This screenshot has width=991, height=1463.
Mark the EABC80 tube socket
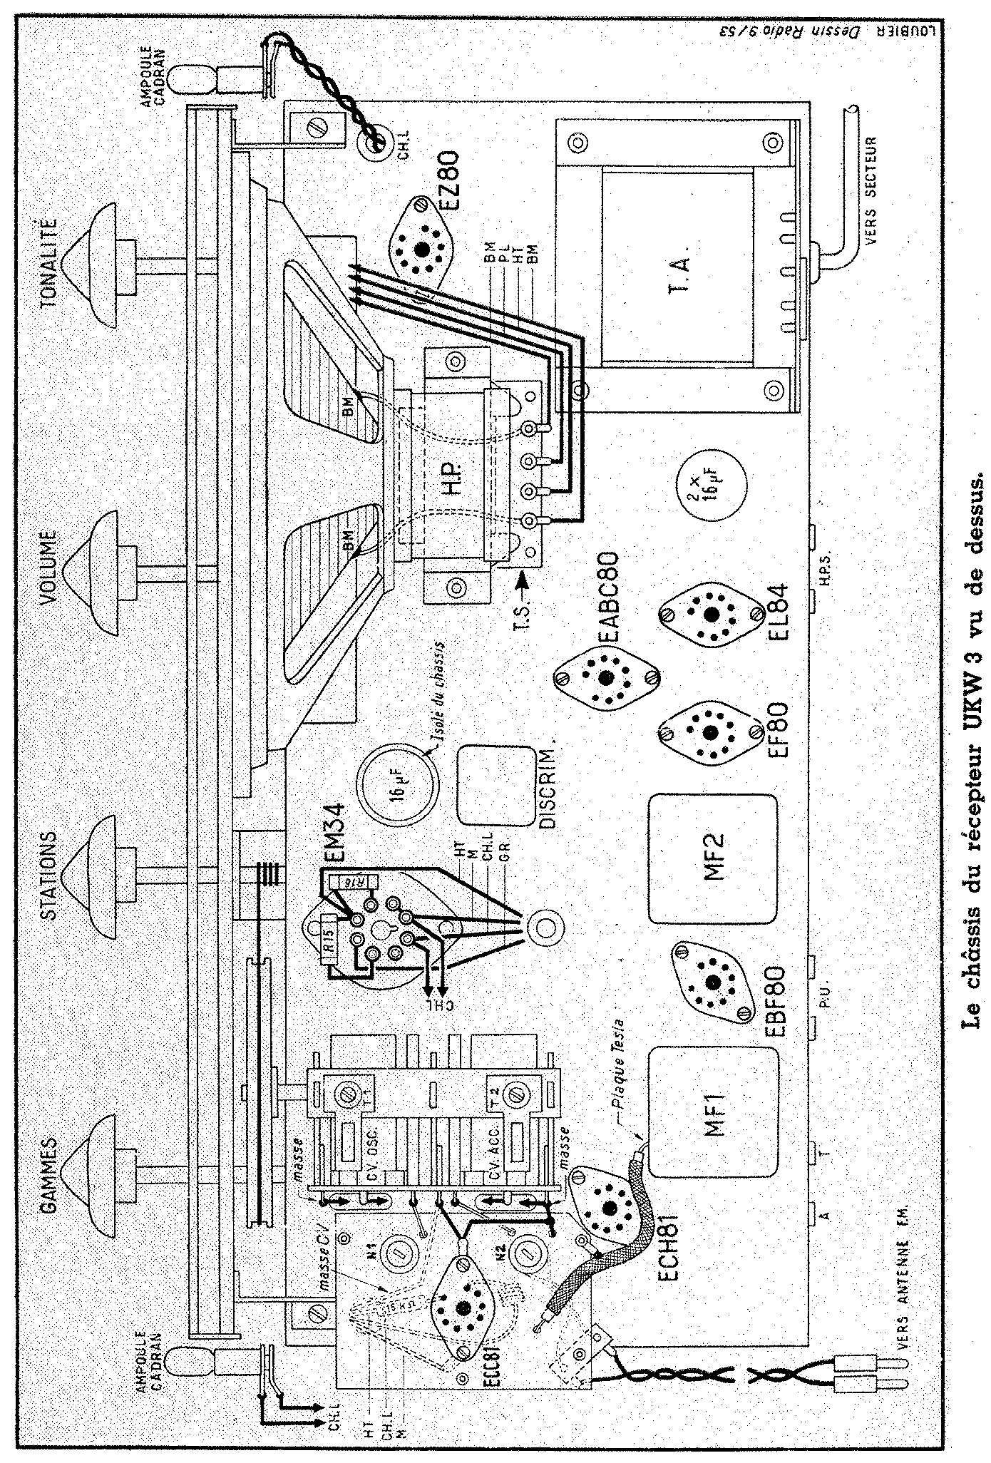607,677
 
